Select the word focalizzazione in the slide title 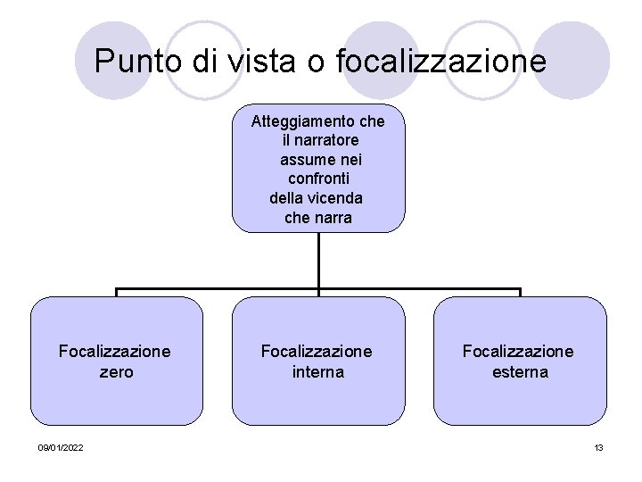coord(441,62)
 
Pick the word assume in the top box coord(304,160)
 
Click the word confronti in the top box coord(318,179)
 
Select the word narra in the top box coord(333,218)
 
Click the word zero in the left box coord(116,371)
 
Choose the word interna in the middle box coord(317,371)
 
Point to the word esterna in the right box coord(520,371)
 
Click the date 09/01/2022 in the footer coord(62,447)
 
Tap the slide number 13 coord(599,447)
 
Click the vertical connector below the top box coord(318,261)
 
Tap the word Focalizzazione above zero coord(115,352)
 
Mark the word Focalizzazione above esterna coord(518,352)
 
